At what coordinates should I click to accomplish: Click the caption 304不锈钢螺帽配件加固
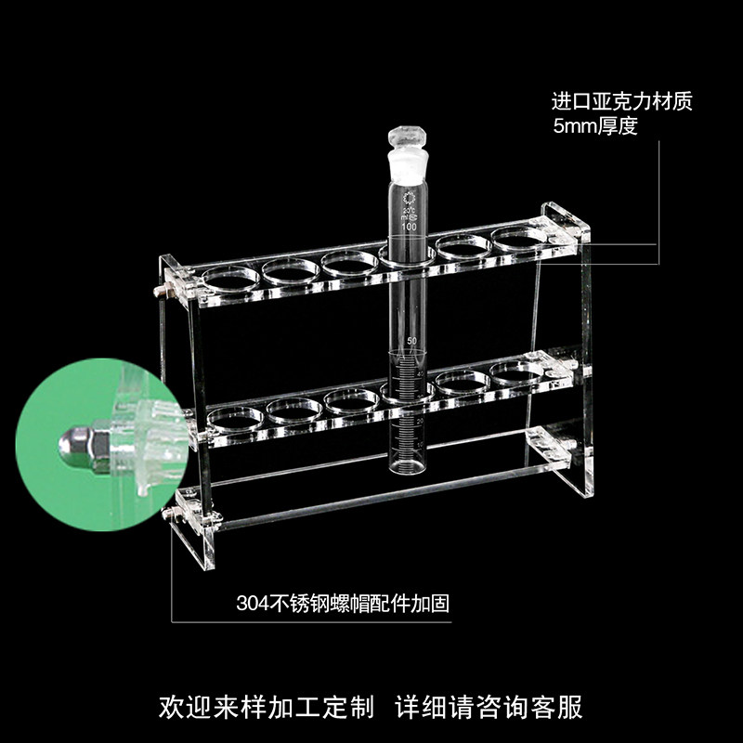pyautogui.click(x=342, y=603)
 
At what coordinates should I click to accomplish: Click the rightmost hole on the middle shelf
pyautogui.click(x=516, y=372)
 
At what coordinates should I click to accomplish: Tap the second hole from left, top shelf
pyautogui.click(x=291, y=269)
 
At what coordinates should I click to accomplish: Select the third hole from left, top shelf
pyautogui.click(x=348, y=261)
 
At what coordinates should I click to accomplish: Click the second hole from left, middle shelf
pyautogui.click(x=294, y=407)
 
